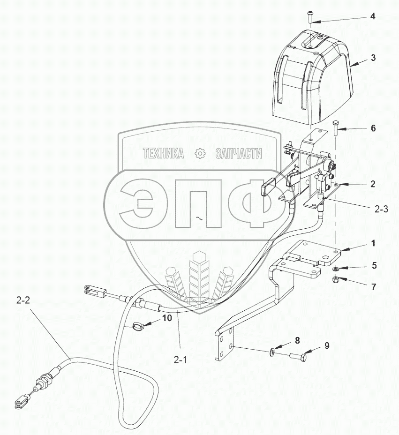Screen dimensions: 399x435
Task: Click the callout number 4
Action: click(x=372, y=16)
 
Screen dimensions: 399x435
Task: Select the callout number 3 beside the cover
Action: click(x=373, y=58)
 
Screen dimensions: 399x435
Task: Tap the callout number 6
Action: click(x=373, y=128)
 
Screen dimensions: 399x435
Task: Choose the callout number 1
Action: click(x=373, y=244)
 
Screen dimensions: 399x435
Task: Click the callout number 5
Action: click(x=374, y=265)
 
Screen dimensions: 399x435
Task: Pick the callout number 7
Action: click(x=373, y=286)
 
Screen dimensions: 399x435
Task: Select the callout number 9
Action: click(x=327, y=346)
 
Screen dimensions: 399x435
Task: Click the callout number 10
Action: click(x=167, y=317)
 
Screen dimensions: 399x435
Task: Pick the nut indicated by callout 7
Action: click(x=337, y=280)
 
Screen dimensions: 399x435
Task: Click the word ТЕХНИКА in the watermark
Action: click(x=163, y=153)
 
